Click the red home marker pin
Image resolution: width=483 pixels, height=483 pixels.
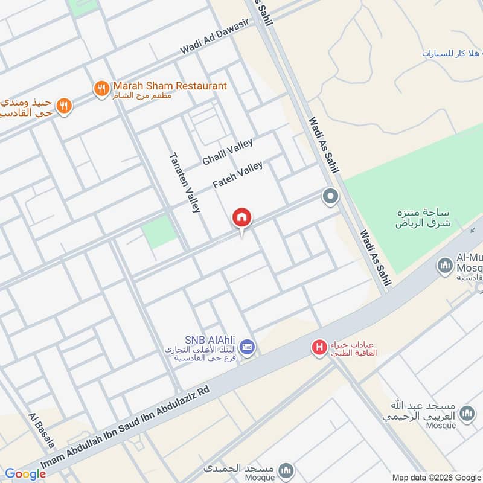pos(242,218)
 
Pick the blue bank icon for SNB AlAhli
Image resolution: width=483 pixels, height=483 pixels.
pos(246,347)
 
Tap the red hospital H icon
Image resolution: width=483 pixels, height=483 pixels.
pos(318,347)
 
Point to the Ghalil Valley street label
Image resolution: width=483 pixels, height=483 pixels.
pos(227,152)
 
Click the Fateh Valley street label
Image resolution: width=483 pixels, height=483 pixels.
pos(237,175)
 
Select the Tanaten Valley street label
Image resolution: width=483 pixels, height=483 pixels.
pos(184,182)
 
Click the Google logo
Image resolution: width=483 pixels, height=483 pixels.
pos(25,474)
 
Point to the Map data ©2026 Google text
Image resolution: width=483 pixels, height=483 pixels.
pos(435,476)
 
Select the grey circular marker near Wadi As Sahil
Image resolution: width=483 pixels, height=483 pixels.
pos(330,197)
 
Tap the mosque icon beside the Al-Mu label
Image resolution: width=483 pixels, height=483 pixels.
pos(446,265)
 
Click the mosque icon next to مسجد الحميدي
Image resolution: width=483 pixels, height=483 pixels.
pos(287,470)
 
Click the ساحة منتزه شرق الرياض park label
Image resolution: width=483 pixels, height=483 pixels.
pos(416,218)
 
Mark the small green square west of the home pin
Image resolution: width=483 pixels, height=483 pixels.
pos(160,232)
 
